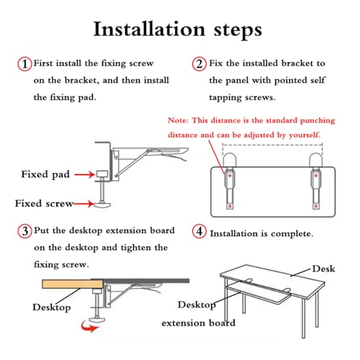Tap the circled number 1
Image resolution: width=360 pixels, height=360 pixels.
24,64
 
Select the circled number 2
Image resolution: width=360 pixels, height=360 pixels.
199,64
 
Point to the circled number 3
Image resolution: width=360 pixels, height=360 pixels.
24,231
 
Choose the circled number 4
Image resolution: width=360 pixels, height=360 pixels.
199,232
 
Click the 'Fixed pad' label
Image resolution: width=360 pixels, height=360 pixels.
45,174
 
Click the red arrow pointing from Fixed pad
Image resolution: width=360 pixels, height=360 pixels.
85,174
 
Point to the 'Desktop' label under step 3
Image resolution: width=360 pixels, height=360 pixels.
51,307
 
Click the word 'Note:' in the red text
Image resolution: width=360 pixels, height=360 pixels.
179,120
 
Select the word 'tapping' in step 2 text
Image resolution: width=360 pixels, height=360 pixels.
228,97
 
